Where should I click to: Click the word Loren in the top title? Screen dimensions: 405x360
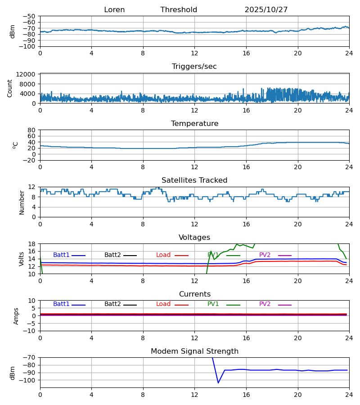(x=114, y=10)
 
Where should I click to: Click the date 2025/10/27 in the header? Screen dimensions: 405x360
(x=266, y=10)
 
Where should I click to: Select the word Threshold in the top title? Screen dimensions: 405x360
(x=179, y=10)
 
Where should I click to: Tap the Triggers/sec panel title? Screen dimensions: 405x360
(x=194, y=67)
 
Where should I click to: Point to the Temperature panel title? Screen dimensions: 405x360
(x=194, y=124)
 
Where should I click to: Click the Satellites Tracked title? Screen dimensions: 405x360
(x=194, y=180)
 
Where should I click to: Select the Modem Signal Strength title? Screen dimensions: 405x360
(x=194, y=351)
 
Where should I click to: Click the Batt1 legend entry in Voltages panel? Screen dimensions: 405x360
(x=61, y=255)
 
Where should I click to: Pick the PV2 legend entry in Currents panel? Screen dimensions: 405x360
(x=265, y=304)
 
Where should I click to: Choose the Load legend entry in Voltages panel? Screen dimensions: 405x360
(x=163, y=255)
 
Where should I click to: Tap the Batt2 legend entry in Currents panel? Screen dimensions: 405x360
(x=112, y=304)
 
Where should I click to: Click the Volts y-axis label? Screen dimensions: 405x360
(x=22, y=259)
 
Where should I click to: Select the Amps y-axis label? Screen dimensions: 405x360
(x=17, y=316)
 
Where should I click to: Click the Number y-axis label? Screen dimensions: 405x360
(x=22, y=202)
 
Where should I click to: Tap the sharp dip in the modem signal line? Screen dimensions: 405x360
(x=219, y=382)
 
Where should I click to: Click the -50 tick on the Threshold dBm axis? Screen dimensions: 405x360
(x=30, y=16)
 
